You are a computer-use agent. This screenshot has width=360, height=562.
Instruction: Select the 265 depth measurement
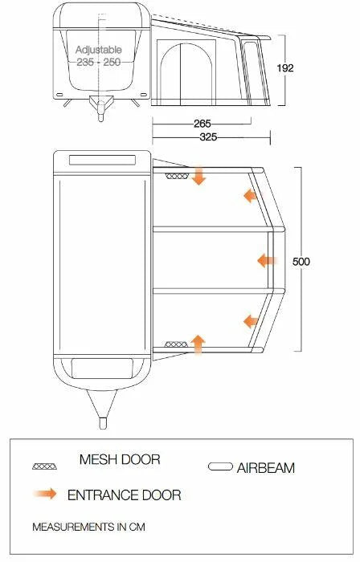203,124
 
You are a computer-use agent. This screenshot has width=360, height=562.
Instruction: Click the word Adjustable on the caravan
98,50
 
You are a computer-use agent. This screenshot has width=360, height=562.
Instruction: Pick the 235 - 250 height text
98,62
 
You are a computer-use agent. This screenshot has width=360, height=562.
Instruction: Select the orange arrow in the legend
47,494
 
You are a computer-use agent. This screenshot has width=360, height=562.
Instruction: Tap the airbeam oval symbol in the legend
220,466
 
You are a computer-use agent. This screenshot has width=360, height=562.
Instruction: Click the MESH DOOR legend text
119,460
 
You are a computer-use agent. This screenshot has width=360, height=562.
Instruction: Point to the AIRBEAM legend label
266,466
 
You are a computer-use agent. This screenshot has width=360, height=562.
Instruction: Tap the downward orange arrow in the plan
198,176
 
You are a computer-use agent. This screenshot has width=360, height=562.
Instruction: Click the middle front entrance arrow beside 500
267,260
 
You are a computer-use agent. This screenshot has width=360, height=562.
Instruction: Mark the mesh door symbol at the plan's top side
174,176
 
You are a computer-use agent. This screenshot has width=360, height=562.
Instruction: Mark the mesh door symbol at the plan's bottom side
174,344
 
